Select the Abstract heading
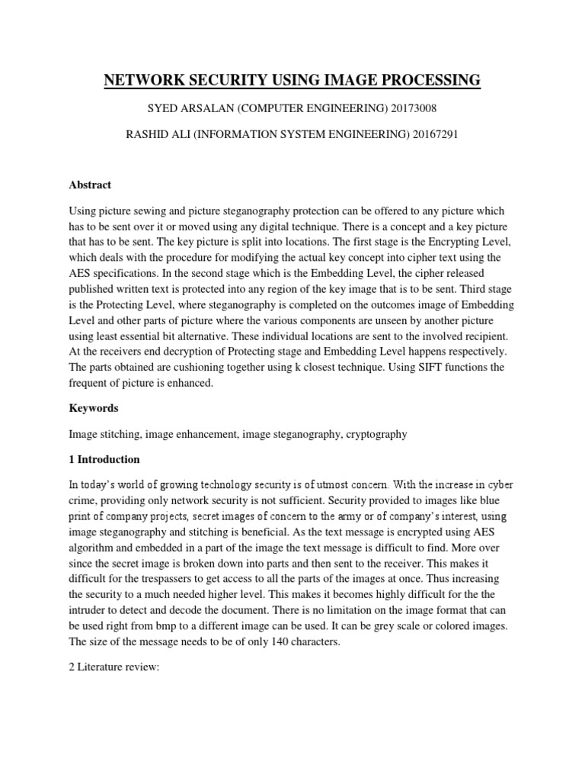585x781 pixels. (90, 185)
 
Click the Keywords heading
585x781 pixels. (94, 408)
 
